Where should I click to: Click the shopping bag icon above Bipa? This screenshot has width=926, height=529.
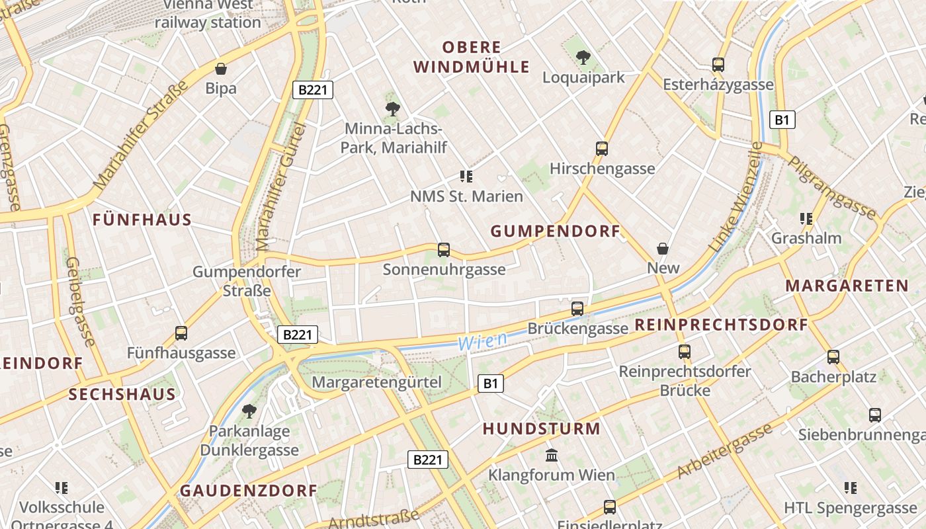pos(221,69)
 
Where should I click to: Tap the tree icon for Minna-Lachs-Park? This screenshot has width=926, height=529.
pos(393,108)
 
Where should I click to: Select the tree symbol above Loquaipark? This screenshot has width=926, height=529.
pos(583,58)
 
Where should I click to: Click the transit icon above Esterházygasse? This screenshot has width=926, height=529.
pos(718,65)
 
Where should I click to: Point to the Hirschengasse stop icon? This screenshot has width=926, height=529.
pos(601,149)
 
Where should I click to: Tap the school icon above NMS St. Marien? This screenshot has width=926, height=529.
pos(466,177)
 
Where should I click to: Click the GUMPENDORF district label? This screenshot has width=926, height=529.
pos(555,231)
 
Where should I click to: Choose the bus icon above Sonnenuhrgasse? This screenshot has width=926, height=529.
pos(444,250)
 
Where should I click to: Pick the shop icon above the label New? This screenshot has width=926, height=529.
pos(663,249)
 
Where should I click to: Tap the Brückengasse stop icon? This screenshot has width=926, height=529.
pos(577,309)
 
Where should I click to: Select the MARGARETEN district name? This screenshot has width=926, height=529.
pos(847,286)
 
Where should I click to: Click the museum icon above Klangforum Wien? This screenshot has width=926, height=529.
pos(551,456)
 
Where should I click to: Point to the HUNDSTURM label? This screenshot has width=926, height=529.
pos(541,429)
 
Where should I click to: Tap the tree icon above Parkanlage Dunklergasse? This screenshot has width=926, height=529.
pos(249,411)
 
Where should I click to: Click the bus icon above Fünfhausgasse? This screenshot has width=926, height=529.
pos(181,333)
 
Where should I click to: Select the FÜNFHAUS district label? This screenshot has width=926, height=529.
pos(142,220)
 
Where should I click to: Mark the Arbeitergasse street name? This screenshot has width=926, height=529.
pos(724,451)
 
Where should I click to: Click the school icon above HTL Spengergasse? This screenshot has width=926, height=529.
pos(851,488)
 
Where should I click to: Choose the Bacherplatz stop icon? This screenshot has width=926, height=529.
pos(833,357)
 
